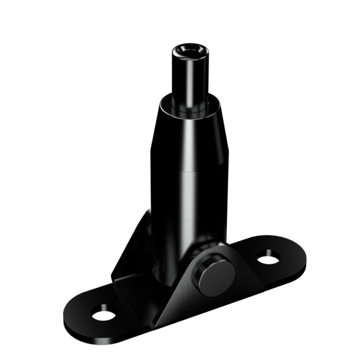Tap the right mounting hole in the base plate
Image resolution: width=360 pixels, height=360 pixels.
pyautogui.click(x=268, y=257)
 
